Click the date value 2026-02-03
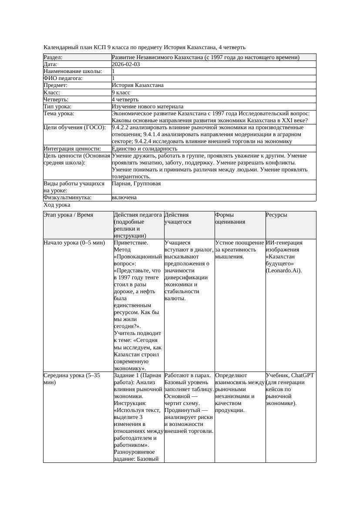(126, 64)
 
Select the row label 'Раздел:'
(53, 57)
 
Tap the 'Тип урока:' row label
(57, 107)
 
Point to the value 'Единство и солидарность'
(145, 149)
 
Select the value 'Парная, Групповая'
(136, 184)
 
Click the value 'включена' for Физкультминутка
(124, 198)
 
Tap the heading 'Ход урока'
(57, 205)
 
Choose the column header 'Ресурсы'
(276, 215)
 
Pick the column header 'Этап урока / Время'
(68, 215)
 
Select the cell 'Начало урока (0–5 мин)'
(74, 243)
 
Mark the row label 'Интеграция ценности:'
(72, 149)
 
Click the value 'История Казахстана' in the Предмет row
(138, 85)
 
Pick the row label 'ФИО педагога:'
(63, 78)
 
